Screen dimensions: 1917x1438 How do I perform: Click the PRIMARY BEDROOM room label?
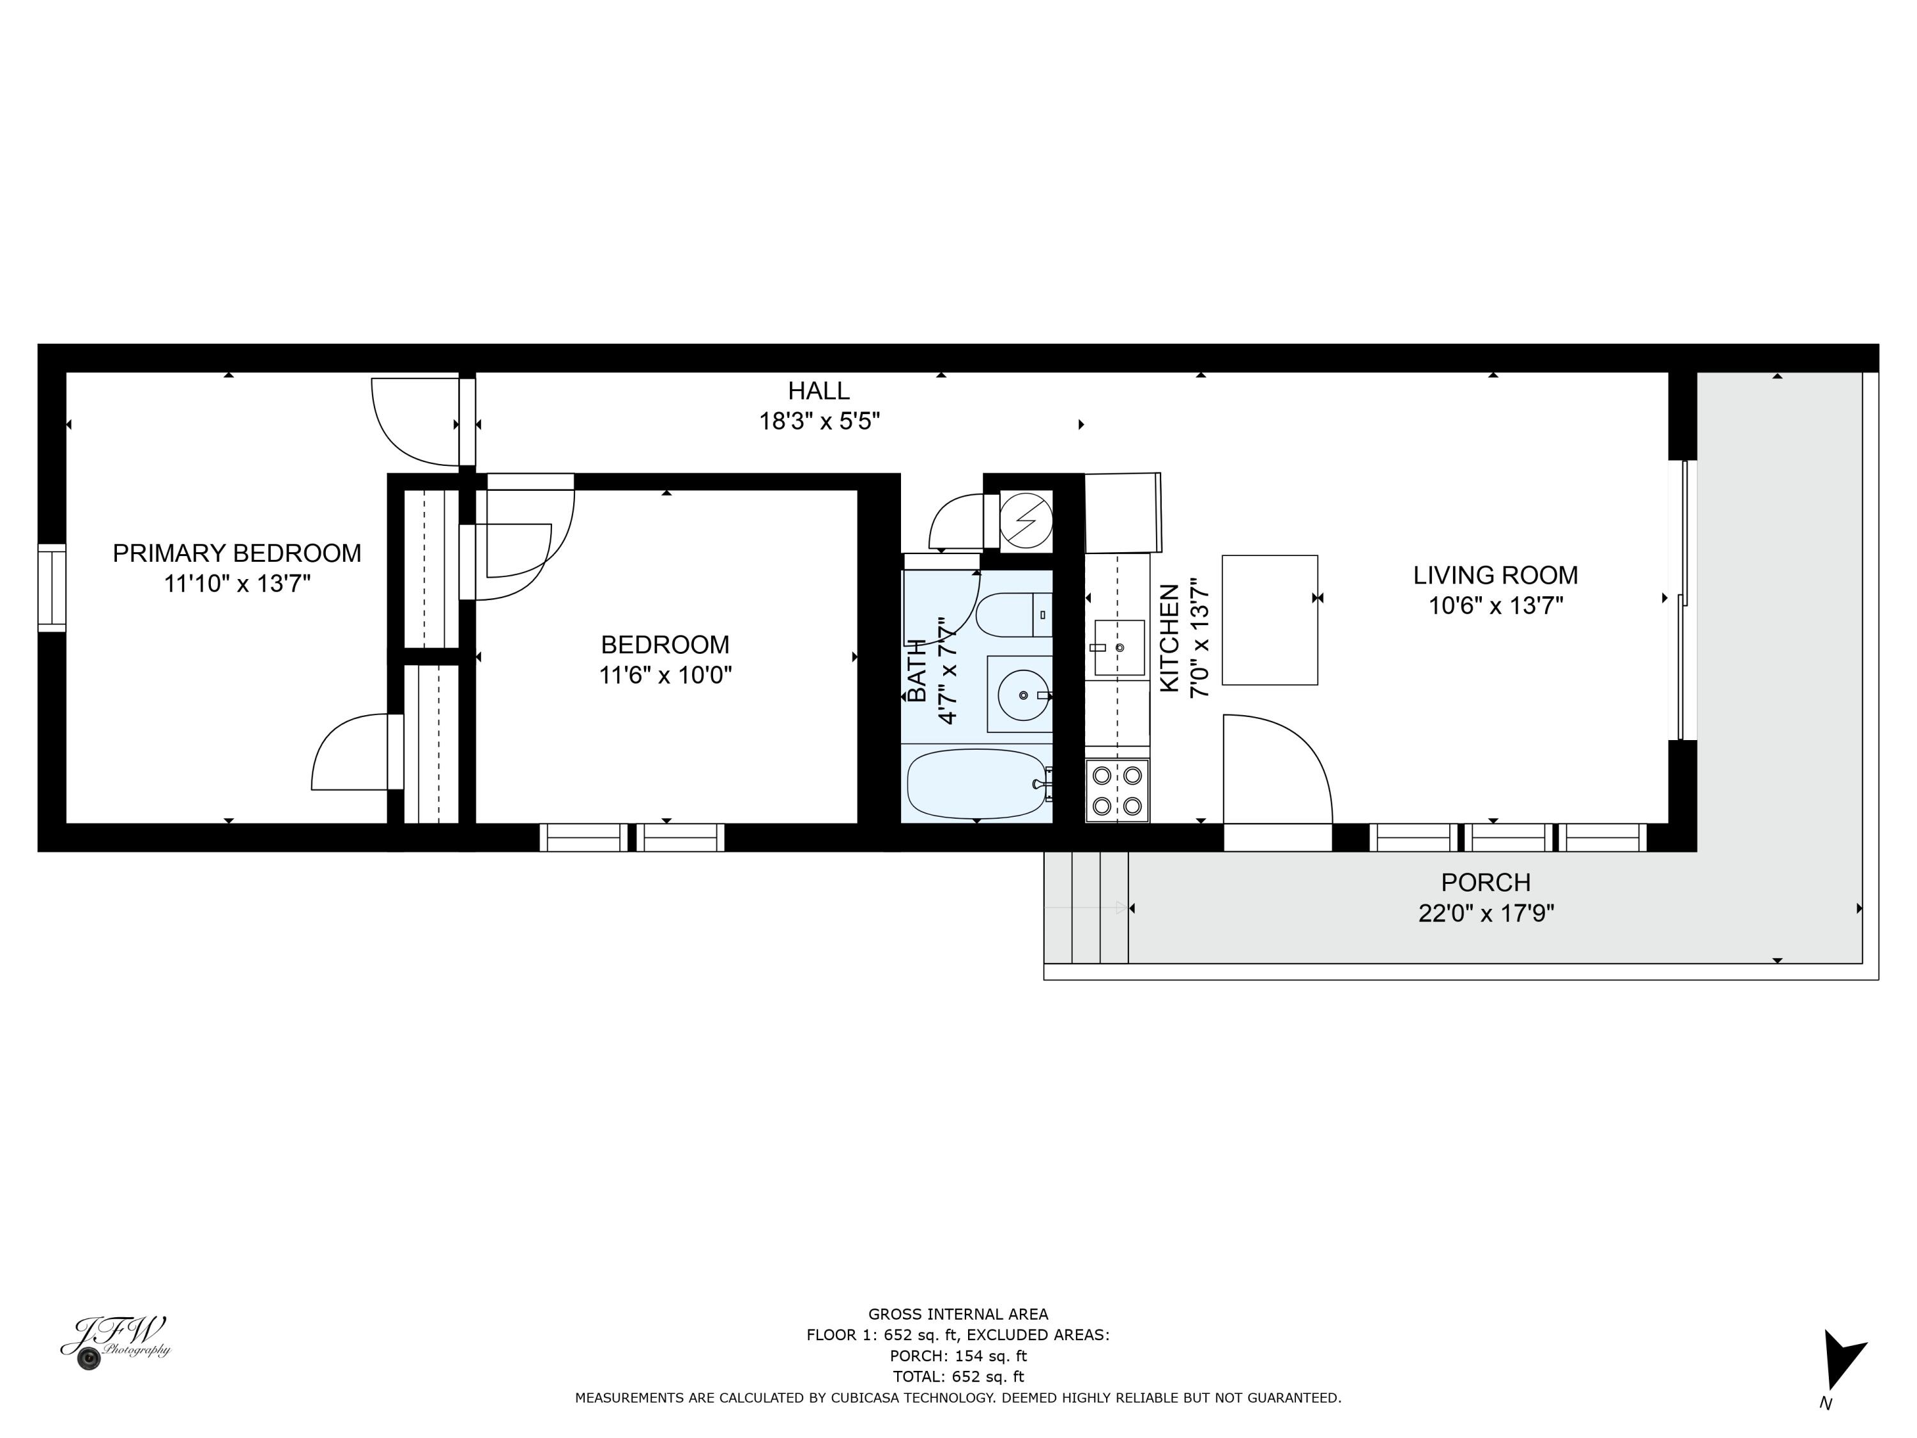coord(236,553)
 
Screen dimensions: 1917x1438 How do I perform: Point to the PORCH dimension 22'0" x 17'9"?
coord(1486,913)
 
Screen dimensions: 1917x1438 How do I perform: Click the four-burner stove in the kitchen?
coord(1117,791)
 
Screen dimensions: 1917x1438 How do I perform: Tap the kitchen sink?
coord(1119,647)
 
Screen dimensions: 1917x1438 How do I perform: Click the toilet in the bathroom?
coord(1014,615)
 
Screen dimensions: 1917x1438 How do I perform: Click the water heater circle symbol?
coord(1026,521)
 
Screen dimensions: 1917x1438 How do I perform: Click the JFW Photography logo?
coord(115,1343)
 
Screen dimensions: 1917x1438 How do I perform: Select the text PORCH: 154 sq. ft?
coord(958,1356)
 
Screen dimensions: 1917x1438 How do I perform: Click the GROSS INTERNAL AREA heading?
coord(958,1314)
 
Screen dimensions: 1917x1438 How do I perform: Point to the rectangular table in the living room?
coord(1270,621)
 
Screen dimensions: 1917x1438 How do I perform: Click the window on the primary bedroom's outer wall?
coord(52,588)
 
